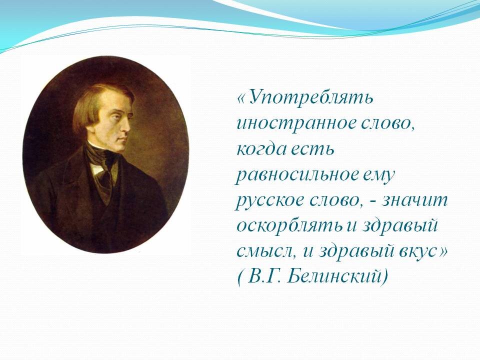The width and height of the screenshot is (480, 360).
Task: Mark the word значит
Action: point(415,201)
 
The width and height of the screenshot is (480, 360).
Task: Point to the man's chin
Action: point(121,147)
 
